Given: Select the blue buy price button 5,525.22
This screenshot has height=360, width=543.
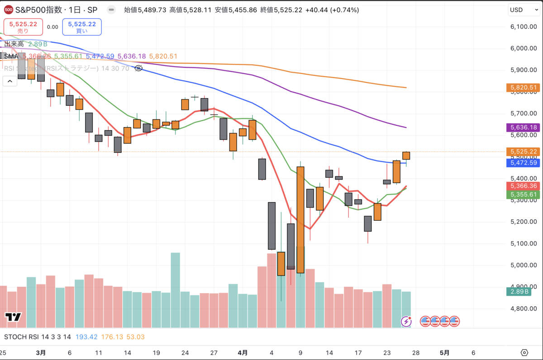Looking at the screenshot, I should click(x=82, y=27).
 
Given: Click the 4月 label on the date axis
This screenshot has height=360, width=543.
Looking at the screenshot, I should click(x=243, y=352).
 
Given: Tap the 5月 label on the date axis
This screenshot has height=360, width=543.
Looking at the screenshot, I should click(x=445, y=352).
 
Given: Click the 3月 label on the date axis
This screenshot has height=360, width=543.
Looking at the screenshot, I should click(x=41, y=352).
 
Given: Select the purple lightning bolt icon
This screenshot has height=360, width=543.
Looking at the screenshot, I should click(x=406, y=322).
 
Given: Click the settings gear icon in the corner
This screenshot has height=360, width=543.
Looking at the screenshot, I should click(x=524, y=352).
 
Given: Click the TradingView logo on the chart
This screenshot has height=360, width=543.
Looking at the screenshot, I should click(x=13, y=317).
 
